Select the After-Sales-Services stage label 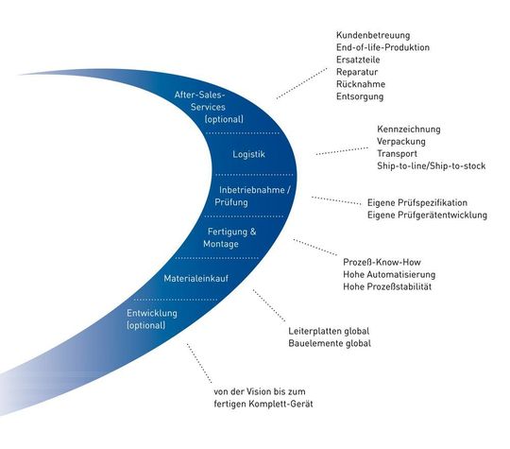[210, 107]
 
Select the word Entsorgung [362, 95]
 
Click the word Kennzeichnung [408, 129]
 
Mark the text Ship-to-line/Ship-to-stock [431, 165]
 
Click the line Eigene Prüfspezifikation [416, 202]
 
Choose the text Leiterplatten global [328, 331]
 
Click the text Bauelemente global [329, 343]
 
